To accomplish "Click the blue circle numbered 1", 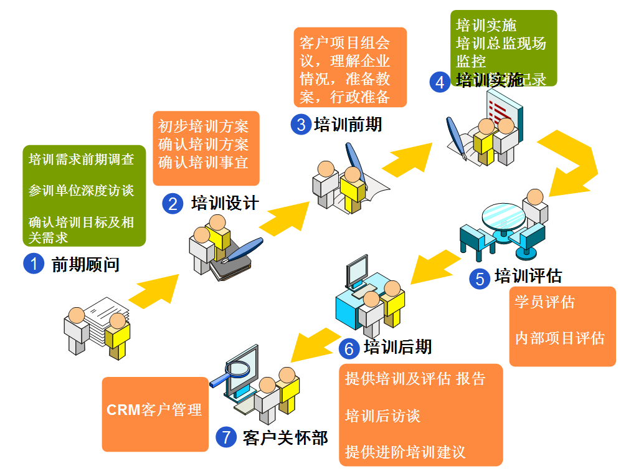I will pos(34,264).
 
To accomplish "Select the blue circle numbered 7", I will pos(226,437).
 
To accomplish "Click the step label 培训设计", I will pos(225,203).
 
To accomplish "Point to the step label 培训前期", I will pos(348,124).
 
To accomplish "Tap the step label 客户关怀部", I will pos(286,437).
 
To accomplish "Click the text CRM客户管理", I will pos(154,410).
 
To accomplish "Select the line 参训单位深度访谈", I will pos(82,191).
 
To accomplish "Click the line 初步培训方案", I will pos(204,126).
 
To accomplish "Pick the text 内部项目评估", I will pos(560,338).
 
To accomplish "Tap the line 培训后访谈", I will pos(382,416).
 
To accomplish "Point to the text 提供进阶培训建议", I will pos(405,452).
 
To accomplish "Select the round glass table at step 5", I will pos(503,218).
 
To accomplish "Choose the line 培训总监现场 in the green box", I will pos(501,44).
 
